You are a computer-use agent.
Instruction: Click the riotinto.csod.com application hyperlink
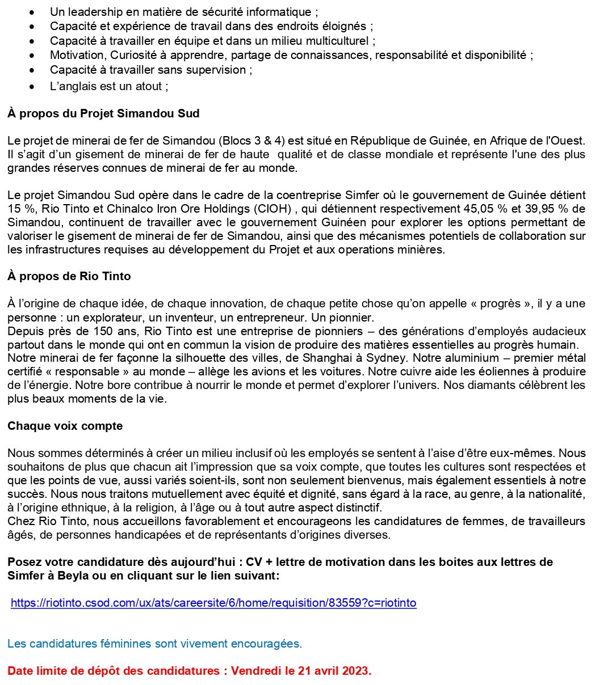[213, 603]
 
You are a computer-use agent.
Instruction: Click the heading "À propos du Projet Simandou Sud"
[103, 113]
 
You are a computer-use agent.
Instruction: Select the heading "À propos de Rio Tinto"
[69, 276]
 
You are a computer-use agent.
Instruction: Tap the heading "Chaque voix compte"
[65, 425]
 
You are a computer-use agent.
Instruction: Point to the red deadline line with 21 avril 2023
[190, 671]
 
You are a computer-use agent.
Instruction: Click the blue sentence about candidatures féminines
[154, 644]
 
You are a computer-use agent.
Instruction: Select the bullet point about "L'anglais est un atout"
[109, 86]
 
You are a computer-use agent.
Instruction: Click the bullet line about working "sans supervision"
[151, 70]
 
